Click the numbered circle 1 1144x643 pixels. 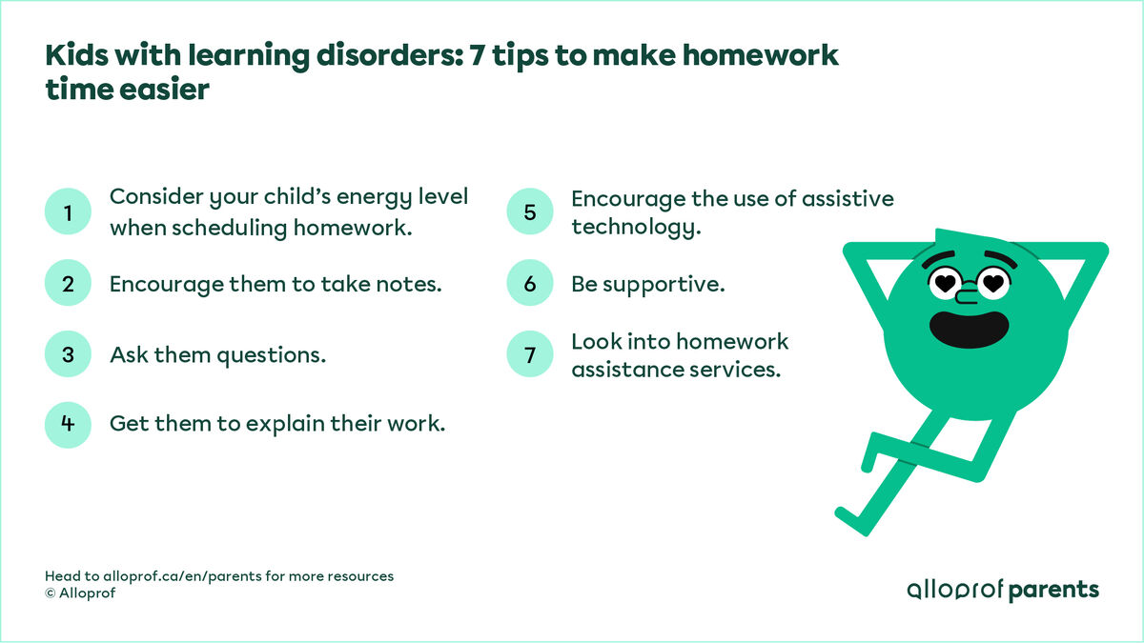(x=69, y=213)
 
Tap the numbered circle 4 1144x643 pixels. (x=69, y=424)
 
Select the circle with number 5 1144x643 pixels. (x=530, y=213)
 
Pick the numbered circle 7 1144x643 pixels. (x=530, y=355)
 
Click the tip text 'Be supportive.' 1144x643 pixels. (x=648, y=284)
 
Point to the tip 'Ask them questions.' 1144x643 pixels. (x=217, y=354)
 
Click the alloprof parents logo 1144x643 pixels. (x=1003, y=590)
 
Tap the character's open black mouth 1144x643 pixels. (x=969, y=327)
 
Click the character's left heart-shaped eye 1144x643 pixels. (x=946, y=281)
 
